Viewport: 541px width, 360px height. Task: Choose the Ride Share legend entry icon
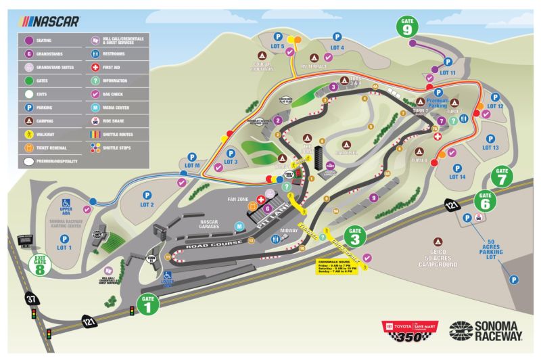pos(95,122)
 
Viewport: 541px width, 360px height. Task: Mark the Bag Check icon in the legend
pos(95,95)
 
